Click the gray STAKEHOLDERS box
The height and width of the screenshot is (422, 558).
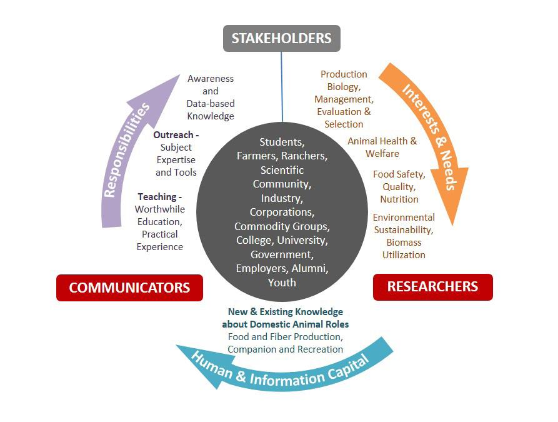tap(281, 38)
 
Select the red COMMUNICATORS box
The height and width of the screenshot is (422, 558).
tap(129, 288)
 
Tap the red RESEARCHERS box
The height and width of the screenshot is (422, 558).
tap(432, 287)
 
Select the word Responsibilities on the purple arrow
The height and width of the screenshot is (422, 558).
tap(127, 150)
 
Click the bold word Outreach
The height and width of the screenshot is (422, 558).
tap(174, 134)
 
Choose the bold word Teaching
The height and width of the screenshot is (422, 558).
tap(157, 196)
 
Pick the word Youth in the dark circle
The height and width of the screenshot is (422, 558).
tap(282, 282)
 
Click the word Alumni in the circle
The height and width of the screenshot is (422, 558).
tap(310, 268)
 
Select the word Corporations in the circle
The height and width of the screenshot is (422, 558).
tap(282, 212)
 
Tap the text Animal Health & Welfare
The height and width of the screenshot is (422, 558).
tap(382, 148)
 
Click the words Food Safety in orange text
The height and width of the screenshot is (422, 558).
tap(399, 174)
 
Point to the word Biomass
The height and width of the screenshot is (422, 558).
tap(404, 242)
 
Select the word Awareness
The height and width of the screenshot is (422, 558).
tap(211, 79)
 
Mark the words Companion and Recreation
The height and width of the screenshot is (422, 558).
tap(285, 349)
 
